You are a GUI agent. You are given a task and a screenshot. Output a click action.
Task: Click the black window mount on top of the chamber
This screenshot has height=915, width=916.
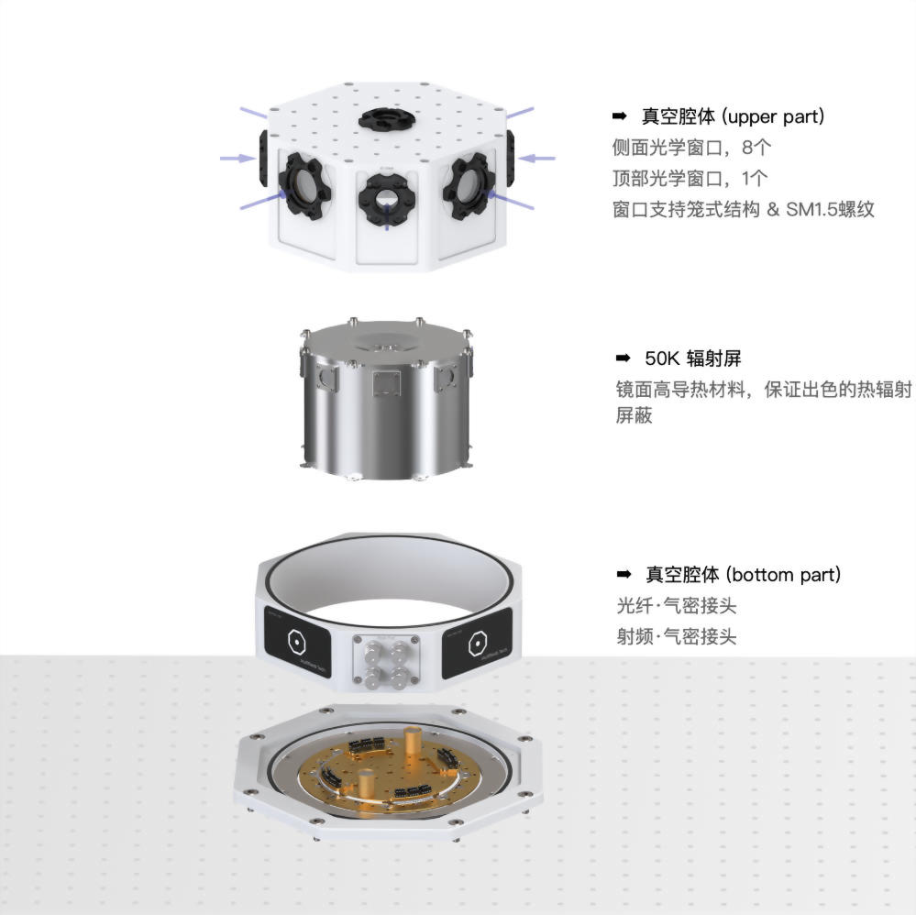(386, 118)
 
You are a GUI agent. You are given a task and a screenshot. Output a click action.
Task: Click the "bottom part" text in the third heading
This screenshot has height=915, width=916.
(783, 575)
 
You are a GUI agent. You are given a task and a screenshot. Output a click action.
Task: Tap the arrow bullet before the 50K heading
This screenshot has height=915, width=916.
(623, 358)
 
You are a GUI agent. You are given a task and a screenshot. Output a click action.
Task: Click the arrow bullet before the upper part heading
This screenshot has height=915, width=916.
(619, 116)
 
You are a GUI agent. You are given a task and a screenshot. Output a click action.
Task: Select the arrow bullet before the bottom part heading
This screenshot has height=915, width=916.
(624, 574)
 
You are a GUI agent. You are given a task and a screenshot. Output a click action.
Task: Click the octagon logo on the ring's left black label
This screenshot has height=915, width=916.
(297, 642)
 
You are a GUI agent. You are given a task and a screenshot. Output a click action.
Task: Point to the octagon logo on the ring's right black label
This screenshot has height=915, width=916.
(478, 644)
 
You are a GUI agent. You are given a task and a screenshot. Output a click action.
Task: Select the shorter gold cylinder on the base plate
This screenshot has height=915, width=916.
(368, 782)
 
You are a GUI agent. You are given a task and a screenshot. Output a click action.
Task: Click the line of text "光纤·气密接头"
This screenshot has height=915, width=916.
(677, 606)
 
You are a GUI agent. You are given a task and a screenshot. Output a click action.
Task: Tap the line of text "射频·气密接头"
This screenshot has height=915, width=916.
(677, 636)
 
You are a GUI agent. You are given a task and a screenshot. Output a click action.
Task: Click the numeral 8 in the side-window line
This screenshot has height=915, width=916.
(748, 148)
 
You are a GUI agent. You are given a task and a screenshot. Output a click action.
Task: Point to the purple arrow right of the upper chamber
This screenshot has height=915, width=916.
(536, 158)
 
